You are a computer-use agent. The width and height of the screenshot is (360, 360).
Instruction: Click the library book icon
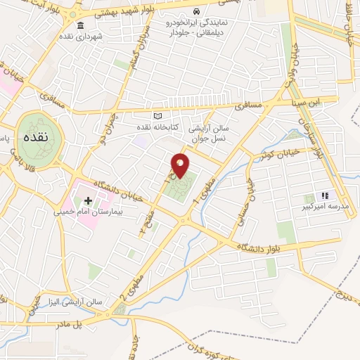[157, 116]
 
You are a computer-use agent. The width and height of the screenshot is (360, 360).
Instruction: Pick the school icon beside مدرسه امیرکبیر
[324, 195]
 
